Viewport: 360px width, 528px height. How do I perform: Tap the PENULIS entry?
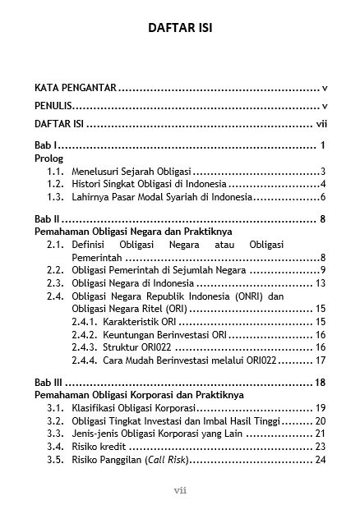click(x=53, y=106)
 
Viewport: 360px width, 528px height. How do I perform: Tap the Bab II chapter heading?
click(x=45, y=219)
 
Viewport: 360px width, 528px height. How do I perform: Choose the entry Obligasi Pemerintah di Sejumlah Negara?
click(x=153, y=270)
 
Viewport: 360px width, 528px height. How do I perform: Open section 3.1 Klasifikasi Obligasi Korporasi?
click(x=134, y=407)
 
